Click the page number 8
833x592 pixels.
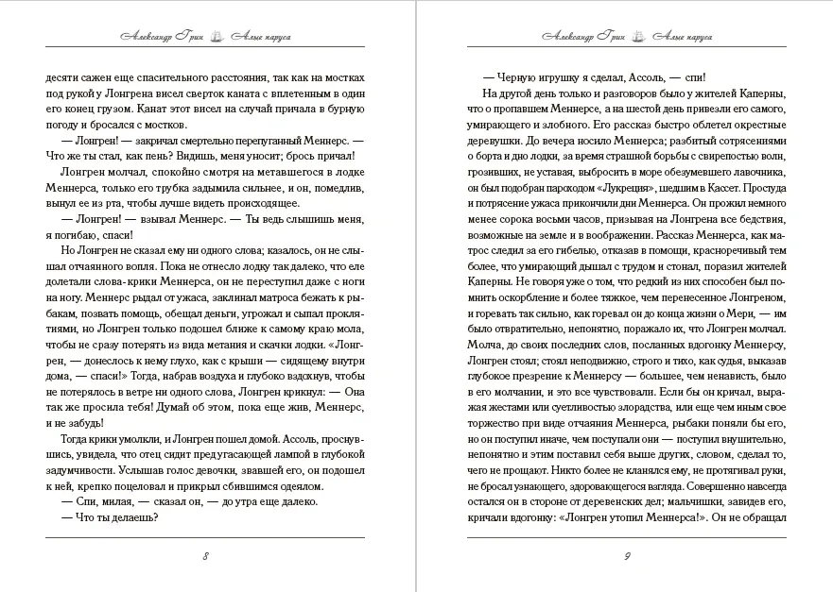(205, 555)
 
